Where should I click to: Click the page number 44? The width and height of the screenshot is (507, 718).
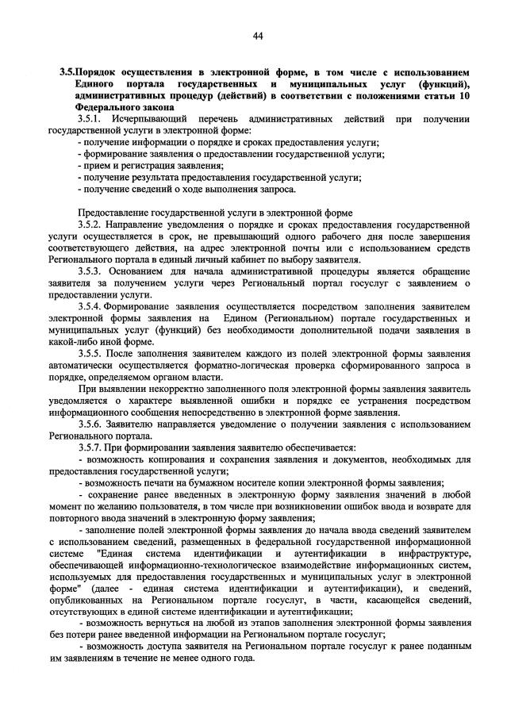coord(258,35)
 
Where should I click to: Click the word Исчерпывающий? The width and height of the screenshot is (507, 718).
coord(151,118)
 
